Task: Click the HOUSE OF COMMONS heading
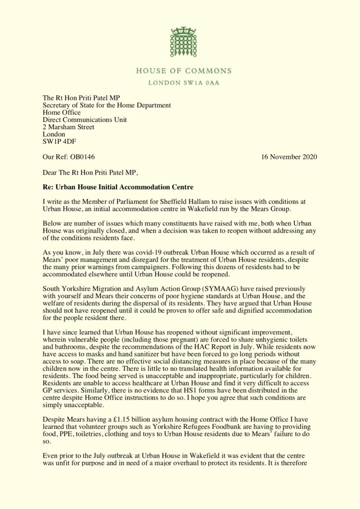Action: coord(184,71)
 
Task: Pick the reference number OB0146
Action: coord(82,157)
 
